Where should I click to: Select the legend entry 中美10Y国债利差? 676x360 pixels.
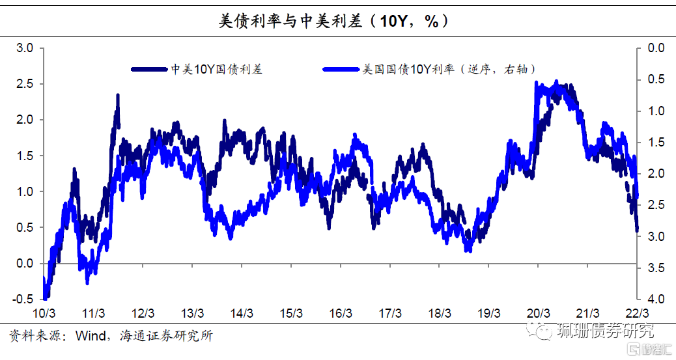point(216,69)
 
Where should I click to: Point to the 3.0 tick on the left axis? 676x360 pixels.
point(25,48)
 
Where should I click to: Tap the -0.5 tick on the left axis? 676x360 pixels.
point(23,299)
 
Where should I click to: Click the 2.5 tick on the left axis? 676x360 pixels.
point(25,84)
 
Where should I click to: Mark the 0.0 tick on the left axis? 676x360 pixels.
point(25,264)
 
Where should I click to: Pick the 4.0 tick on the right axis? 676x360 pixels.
point(656,299)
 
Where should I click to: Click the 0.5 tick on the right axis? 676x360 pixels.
point(656,79)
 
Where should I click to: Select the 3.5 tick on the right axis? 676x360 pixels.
point(656,268)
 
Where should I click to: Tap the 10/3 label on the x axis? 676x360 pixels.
point(44,313)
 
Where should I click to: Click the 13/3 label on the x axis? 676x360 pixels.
point(192,313)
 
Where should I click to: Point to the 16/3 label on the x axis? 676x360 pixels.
point(341,313)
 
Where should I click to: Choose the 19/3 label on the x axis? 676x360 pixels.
point(489,313)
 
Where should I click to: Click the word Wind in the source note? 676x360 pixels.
point(89,337)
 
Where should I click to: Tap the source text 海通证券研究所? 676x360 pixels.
point(166,337)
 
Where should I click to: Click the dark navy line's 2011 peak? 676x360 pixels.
point(118,96)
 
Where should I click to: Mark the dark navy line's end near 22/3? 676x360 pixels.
point(636,229)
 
